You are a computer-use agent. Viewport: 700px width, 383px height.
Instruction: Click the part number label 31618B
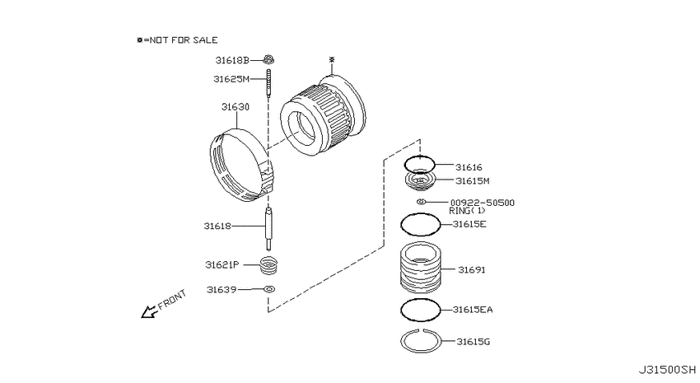[232, 60]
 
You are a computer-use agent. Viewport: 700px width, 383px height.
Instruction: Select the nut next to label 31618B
[268, 59]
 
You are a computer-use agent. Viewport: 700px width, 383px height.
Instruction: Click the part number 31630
[236, 107]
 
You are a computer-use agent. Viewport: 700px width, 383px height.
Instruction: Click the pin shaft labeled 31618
[268, 228]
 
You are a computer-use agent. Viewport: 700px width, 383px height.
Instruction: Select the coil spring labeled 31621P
[269, 265]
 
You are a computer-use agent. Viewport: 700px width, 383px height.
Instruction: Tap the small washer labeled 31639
[269, 289]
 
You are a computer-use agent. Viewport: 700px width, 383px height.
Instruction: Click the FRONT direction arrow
[149, 311]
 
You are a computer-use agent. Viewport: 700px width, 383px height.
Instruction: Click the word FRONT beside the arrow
[172, 299]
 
